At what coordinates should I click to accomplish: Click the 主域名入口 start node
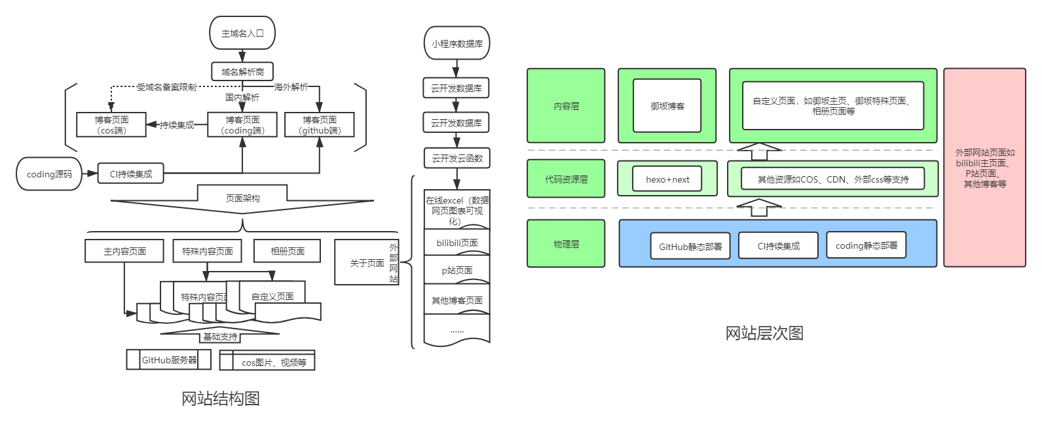[242, 33]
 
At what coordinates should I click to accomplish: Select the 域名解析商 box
[242, 72]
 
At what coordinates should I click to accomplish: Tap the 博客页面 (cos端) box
[111, 125]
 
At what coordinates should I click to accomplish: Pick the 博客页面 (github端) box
[320, 125]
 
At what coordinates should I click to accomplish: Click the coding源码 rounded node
[49, 174]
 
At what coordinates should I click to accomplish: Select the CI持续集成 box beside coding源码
[130, 174]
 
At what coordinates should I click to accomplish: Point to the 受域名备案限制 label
[166, 87]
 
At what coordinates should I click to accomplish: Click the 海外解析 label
[291, 87]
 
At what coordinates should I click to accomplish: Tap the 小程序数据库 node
[457, 44]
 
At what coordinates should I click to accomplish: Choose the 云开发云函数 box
[457, 158]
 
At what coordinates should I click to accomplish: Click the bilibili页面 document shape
[457, 243]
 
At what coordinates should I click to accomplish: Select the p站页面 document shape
[457, 270]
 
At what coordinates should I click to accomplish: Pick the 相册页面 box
[288, 251]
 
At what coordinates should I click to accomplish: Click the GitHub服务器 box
[169, 360]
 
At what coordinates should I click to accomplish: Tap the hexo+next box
[667, 179]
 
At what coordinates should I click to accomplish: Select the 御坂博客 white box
[667, 106]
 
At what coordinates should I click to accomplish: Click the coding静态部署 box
[866, 245]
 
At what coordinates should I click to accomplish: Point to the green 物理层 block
[566, 244]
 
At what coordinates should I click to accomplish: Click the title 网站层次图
[764, 333]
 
